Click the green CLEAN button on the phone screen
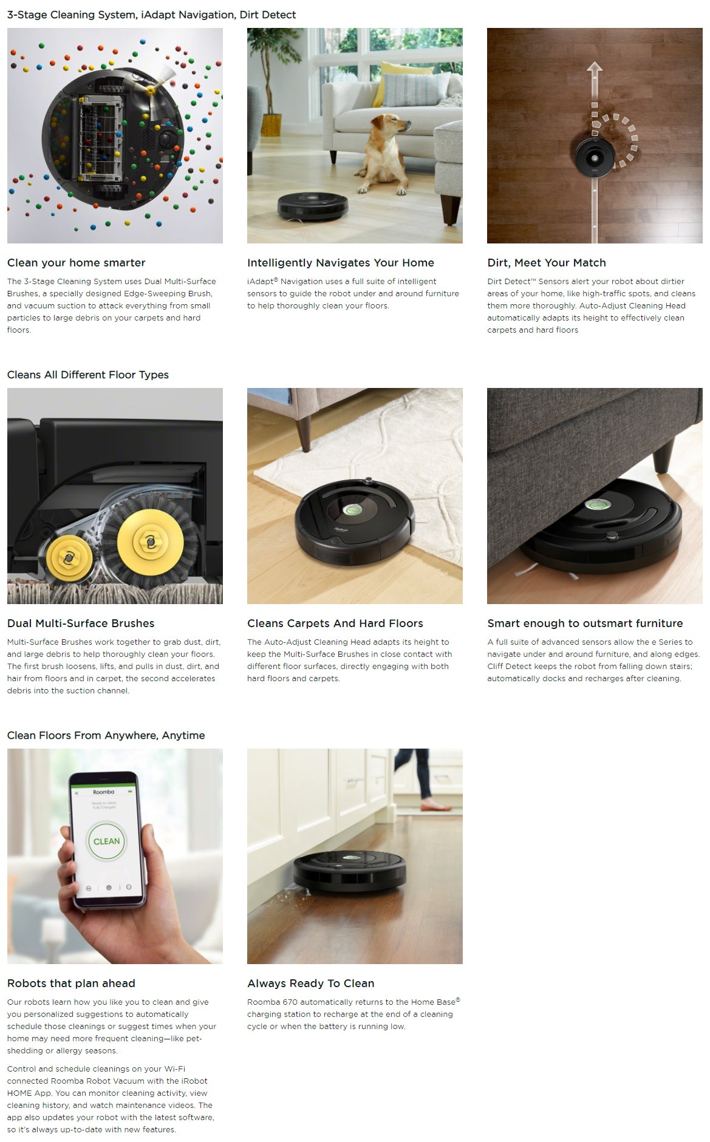pos(106,841)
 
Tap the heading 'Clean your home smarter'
pos(77,263)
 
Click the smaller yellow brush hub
pos(69,557)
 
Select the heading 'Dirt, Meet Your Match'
pos(547,263)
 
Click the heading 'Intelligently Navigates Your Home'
pos(341,263)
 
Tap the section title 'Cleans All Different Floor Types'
pos(88,375)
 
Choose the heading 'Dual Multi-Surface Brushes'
pos(81,624)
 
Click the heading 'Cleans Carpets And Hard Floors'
pos(335,624)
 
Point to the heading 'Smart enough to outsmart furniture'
pos(585,624)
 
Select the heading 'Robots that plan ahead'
pos(71,984)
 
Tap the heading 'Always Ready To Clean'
pos(311,984)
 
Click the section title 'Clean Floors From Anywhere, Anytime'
pos(106,735)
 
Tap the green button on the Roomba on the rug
pos(348,510)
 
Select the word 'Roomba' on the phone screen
pos(103,792)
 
